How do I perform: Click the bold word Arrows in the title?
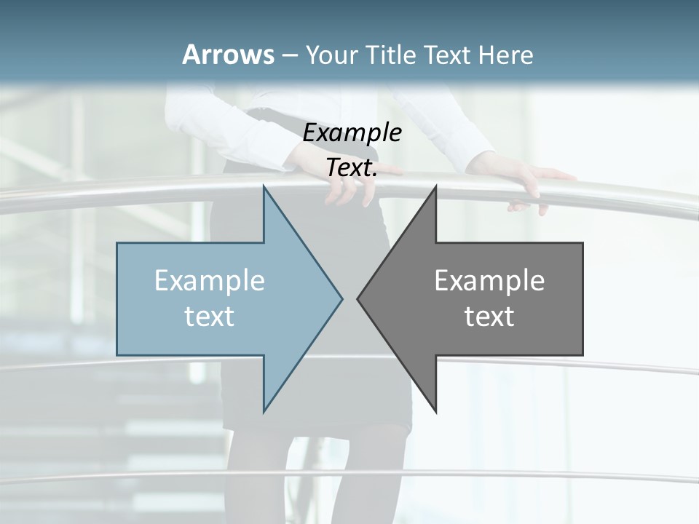(227, 55)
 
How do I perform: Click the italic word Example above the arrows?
(352, 132)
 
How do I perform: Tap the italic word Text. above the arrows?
(352, 167)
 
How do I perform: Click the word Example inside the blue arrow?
(210, 280)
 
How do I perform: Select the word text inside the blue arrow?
(210, 317)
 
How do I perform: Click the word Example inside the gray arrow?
(489, 280)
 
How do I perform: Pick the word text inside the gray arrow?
(489, 317)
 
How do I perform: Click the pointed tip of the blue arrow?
(341, 298)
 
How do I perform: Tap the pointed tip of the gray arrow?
(358, 298)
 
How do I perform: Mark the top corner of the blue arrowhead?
(264, 186)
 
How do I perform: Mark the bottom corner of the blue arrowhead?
(264, 411)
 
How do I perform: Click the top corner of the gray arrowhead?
(435, 186)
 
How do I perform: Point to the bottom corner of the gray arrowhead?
(435, 411)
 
